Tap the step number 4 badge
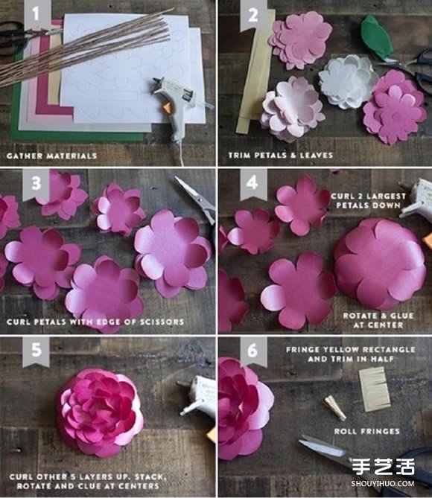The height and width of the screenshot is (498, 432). tap(252, 184)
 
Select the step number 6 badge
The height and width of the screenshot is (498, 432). tap(252, 351)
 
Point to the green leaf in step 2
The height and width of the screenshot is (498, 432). tap(377, 37)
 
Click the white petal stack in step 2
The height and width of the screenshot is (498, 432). tap(348, 80)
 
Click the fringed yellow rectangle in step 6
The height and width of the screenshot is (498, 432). tap(375, 389)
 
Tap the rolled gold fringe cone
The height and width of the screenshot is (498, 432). tap(334, 407)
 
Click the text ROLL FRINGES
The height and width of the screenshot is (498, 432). tap(367, 431)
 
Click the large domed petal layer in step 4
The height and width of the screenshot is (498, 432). tap(380, 264)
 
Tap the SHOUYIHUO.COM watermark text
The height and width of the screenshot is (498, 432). tap(383, 484)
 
